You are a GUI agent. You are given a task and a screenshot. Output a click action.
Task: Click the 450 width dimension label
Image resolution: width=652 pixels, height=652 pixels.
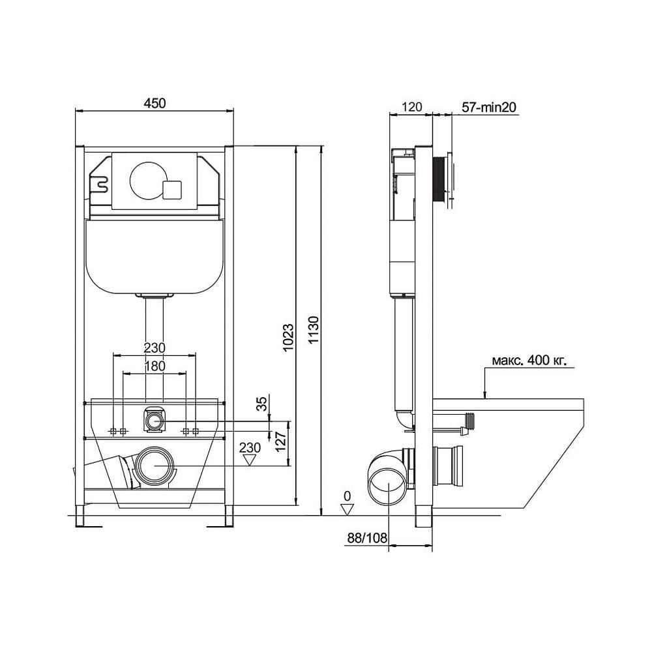point(155,102)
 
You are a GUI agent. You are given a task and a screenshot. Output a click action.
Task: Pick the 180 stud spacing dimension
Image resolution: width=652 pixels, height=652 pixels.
point(154,366)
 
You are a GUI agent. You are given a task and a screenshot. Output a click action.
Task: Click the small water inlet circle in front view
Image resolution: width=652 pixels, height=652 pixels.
point(154,421)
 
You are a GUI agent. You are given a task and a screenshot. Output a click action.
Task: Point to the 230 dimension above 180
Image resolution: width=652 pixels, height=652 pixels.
point(154,347)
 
